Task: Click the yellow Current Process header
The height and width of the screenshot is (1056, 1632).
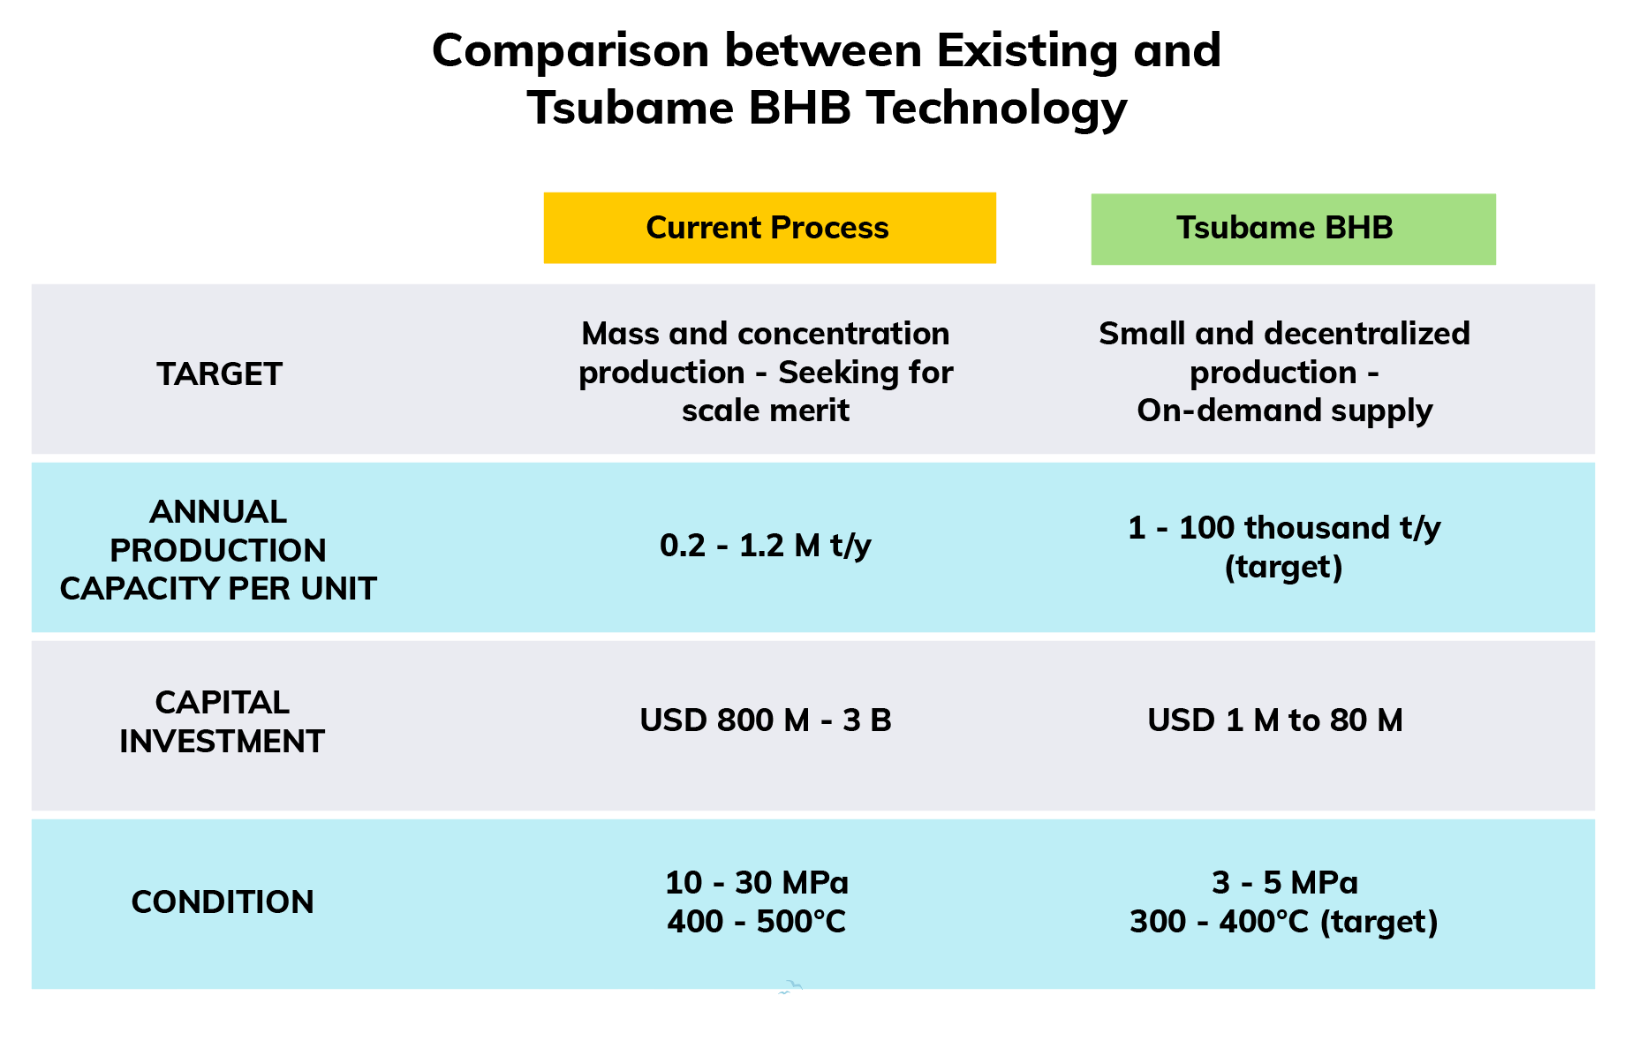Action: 769,228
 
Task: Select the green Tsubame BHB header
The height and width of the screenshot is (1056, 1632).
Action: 1293,229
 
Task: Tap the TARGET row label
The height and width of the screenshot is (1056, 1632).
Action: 219,373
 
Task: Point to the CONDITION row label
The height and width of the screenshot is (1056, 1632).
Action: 223,901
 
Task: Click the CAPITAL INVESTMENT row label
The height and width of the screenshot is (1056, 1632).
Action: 222,721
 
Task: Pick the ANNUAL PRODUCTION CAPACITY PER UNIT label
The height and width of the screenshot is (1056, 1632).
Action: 218,549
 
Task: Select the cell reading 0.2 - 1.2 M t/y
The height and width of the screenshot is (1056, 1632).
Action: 766,546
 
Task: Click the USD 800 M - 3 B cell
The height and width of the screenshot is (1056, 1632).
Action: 766,720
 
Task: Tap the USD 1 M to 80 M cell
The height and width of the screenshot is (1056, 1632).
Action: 1275,720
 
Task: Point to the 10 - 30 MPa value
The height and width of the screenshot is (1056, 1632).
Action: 757,882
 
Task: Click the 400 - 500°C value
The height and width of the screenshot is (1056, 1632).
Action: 757,921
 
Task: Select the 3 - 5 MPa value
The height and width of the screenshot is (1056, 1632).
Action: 1285,882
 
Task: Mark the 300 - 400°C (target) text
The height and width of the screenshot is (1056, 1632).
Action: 1284,922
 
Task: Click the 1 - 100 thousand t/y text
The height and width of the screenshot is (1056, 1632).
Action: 1284,528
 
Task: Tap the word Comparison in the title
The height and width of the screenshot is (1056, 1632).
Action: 570,51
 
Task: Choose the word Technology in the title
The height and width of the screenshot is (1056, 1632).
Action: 996,109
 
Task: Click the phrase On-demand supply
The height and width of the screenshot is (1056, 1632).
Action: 1284,411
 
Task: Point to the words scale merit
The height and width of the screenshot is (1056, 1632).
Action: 766,410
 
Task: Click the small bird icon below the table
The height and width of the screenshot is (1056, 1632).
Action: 790,987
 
